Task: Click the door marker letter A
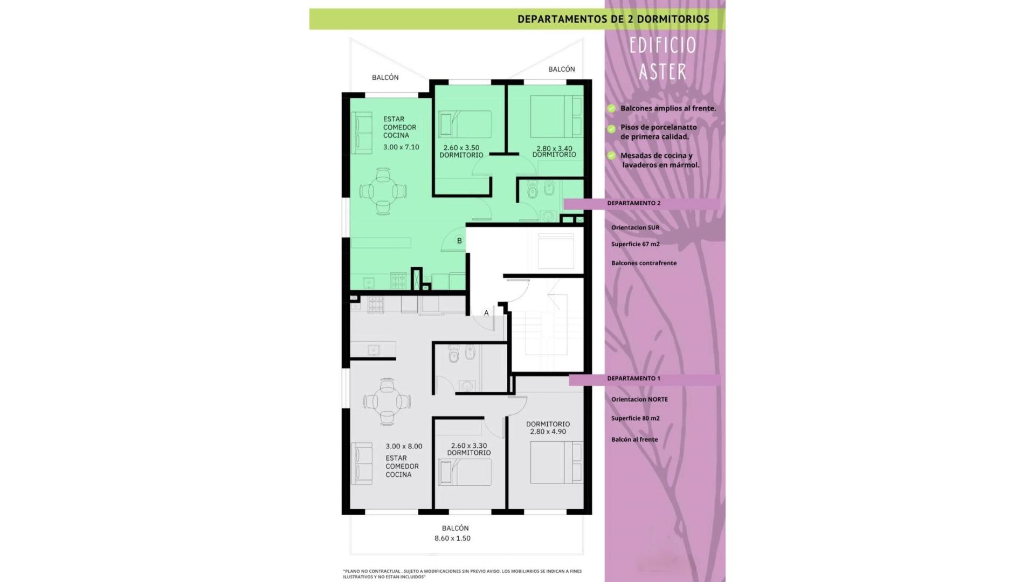tap(486, 313)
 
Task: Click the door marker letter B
tap(459, 241)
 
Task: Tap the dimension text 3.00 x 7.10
tap(401, 147)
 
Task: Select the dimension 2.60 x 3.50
tap(461, 148)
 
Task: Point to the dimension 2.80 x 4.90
tap(548, 432)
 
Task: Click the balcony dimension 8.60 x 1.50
tap(452, 538)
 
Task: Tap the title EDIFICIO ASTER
tap(663, 58)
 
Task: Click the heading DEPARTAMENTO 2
tap(633, 203)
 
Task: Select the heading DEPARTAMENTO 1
tap(633, 378)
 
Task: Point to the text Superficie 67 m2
tap(636, 244)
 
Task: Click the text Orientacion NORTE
tap(639, 399)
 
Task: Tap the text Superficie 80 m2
tap(636, 418)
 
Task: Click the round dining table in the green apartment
tap(383, 191)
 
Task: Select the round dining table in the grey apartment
tap(387, 401)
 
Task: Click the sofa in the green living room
tap(361, 132)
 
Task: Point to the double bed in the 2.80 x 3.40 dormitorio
tap(556, 116)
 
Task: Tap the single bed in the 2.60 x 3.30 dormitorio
tap(465, 472)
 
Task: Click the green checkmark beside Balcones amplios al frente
tap(611, 108)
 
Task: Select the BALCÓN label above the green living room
tap(385, 78)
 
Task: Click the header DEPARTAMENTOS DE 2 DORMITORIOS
tap(613, 19)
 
